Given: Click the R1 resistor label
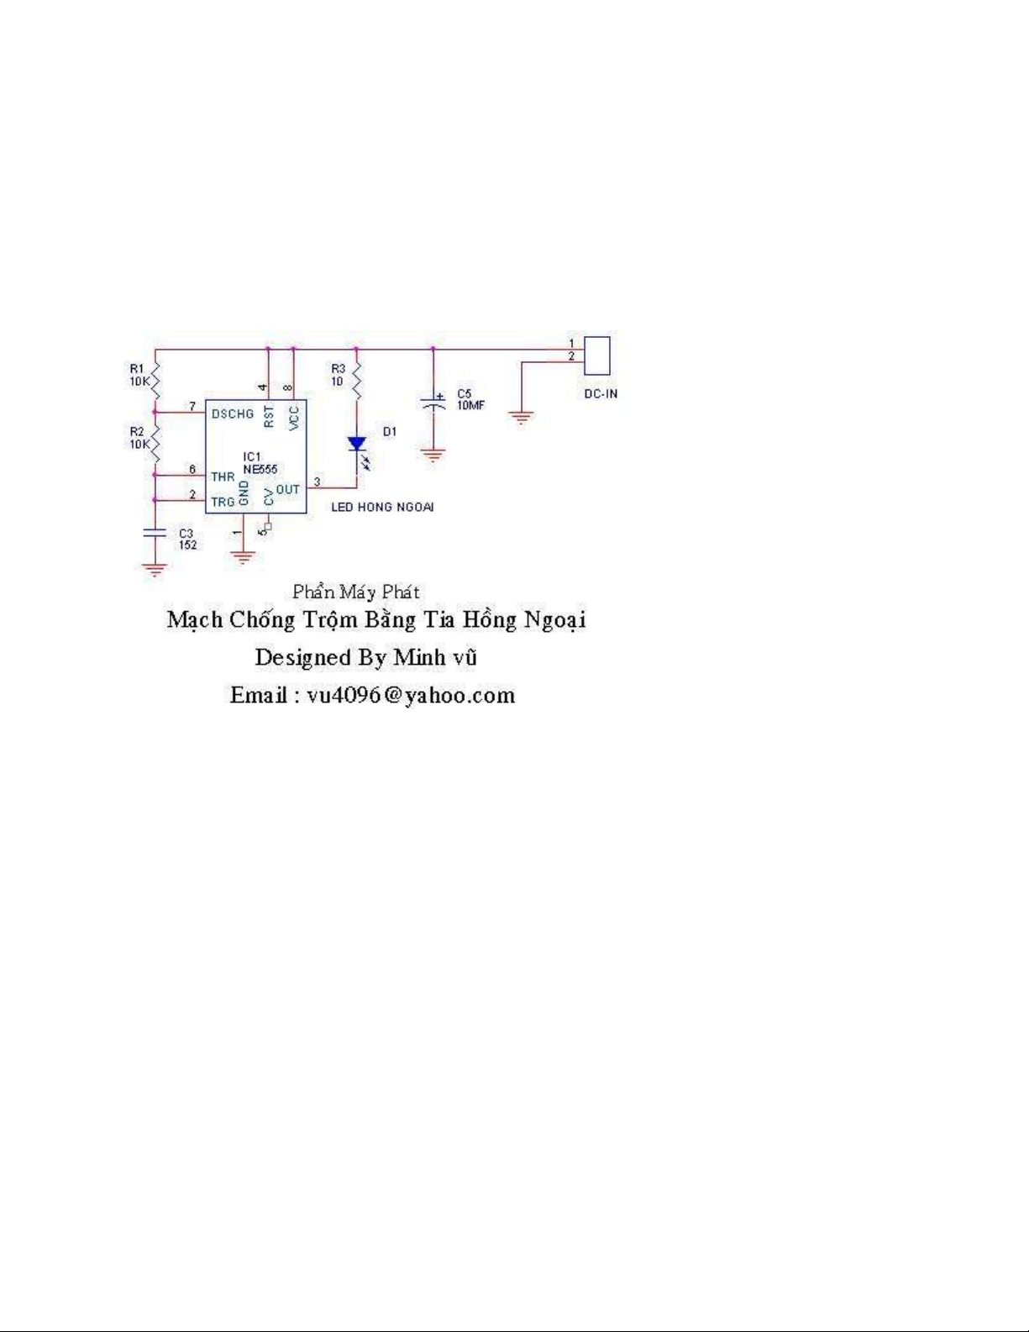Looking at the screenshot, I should pos(137,368).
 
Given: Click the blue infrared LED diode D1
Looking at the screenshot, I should pos(357,444).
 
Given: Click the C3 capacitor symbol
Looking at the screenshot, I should pos(155,533).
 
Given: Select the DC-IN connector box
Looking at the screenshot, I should pos(597,355).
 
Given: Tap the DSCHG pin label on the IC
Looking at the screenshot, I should pos(232,413).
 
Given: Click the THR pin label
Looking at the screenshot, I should pos(223,476).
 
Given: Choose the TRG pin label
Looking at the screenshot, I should pos(223,502).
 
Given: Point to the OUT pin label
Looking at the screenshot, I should pos(287,489).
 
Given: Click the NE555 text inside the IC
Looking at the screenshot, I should pos(260,469).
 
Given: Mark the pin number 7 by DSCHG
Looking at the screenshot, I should pos(192,406).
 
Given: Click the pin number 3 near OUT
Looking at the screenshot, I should pos(317,482).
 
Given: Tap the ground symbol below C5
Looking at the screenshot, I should pos(433,455).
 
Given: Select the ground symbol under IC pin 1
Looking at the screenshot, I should pos(243,556).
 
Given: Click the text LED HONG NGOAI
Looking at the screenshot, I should pos(382,507).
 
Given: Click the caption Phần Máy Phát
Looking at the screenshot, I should pos(356,592).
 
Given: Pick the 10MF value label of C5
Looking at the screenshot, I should pos(470,405).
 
